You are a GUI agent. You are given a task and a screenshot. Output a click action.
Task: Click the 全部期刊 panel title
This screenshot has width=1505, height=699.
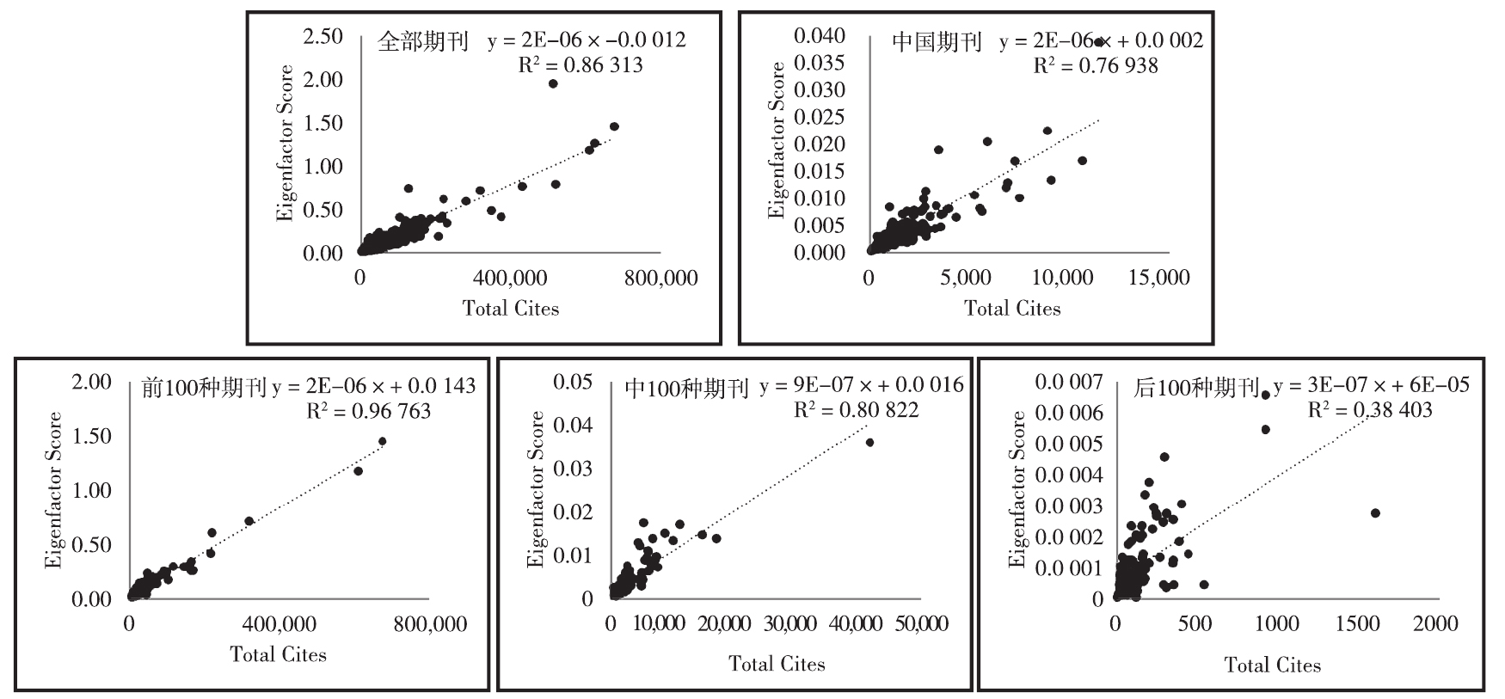[422, 41]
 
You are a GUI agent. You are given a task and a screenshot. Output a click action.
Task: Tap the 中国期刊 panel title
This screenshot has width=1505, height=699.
[937, 41]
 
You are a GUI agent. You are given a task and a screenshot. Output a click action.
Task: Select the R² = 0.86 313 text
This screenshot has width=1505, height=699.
[580, 65]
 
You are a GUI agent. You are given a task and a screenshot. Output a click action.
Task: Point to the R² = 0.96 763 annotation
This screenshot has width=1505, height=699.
[368, 411]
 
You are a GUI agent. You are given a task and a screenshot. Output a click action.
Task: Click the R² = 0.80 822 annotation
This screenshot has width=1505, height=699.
[856, 410]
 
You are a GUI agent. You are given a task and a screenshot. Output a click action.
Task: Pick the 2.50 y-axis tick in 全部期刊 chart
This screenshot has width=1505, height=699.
[322, 36]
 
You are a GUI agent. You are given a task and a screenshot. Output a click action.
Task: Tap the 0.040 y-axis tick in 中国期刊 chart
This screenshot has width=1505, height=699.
[819, 35]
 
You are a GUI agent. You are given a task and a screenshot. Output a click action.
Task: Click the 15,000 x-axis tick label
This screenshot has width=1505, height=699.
[1158, 278]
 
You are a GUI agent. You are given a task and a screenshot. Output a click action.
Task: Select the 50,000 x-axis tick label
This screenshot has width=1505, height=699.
[921, 623]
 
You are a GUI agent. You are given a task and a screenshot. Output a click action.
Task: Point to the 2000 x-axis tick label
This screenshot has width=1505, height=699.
[1434, 623]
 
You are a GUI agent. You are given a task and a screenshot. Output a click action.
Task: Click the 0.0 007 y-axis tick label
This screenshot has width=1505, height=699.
[1068, 382]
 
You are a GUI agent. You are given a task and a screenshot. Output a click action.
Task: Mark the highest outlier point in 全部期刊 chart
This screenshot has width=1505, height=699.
[553, 83]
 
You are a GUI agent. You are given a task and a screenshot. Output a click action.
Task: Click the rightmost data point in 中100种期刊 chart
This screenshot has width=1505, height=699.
[869, 442]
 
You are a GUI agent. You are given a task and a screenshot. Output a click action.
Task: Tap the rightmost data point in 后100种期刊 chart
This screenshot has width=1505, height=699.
[1375, 512]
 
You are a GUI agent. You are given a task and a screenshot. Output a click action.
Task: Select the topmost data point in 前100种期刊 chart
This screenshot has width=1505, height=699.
[382, 441]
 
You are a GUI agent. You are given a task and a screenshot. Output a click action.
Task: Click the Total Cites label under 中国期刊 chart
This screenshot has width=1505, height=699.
[1012, 309]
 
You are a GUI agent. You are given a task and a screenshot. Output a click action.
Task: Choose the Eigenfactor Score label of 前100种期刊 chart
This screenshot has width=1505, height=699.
[54, 490]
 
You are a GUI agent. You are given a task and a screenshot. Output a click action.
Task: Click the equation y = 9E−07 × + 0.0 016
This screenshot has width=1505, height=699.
[861, 385]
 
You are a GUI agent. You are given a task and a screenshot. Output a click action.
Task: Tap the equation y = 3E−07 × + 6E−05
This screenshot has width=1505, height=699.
[1372, 385]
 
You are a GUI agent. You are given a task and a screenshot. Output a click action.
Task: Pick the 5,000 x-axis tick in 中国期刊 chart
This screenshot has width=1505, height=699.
[965, 278]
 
